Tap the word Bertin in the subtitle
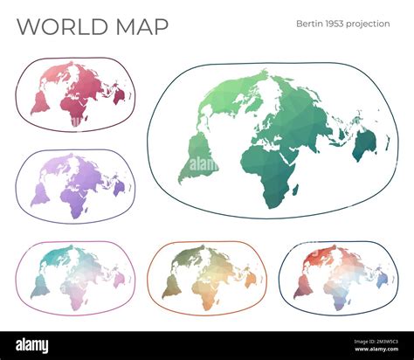(311, 24)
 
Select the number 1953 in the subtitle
(338, 24)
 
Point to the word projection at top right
(370, 24)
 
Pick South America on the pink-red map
(40, 103)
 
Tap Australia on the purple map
(120, 186)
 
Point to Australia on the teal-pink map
(119, 279)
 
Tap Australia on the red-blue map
(382, 280)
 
